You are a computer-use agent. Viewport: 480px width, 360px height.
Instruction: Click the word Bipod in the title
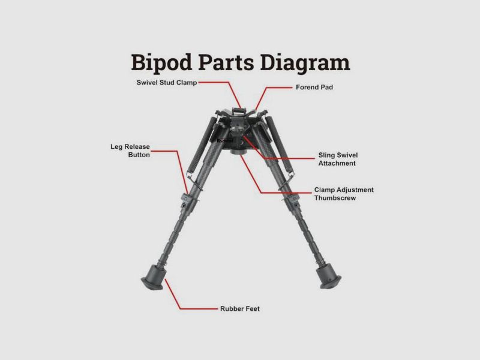click(x=161, y=63)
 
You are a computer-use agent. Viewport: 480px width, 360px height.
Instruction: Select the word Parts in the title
click(x=226, y=62)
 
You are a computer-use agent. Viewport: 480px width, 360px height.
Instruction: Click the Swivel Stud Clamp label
click(x=167, y=82)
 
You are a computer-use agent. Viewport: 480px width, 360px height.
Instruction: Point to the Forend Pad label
click(x=314, y=87)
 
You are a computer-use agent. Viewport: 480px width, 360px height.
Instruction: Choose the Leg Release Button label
click(x=130, y=151)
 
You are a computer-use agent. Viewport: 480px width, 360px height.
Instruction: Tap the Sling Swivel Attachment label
click(x=338, y=159)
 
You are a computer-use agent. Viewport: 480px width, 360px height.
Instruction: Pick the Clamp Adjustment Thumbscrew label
click(x=344, y=194)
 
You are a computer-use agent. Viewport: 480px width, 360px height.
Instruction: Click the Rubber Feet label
click(x=240, y=308)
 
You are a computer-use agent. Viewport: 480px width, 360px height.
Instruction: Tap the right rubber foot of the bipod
click(x=328, y=277)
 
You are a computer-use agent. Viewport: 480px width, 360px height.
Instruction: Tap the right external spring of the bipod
click(x=278, y=145)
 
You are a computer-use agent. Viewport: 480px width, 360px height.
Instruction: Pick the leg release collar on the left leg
click(x=187, y=200)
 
